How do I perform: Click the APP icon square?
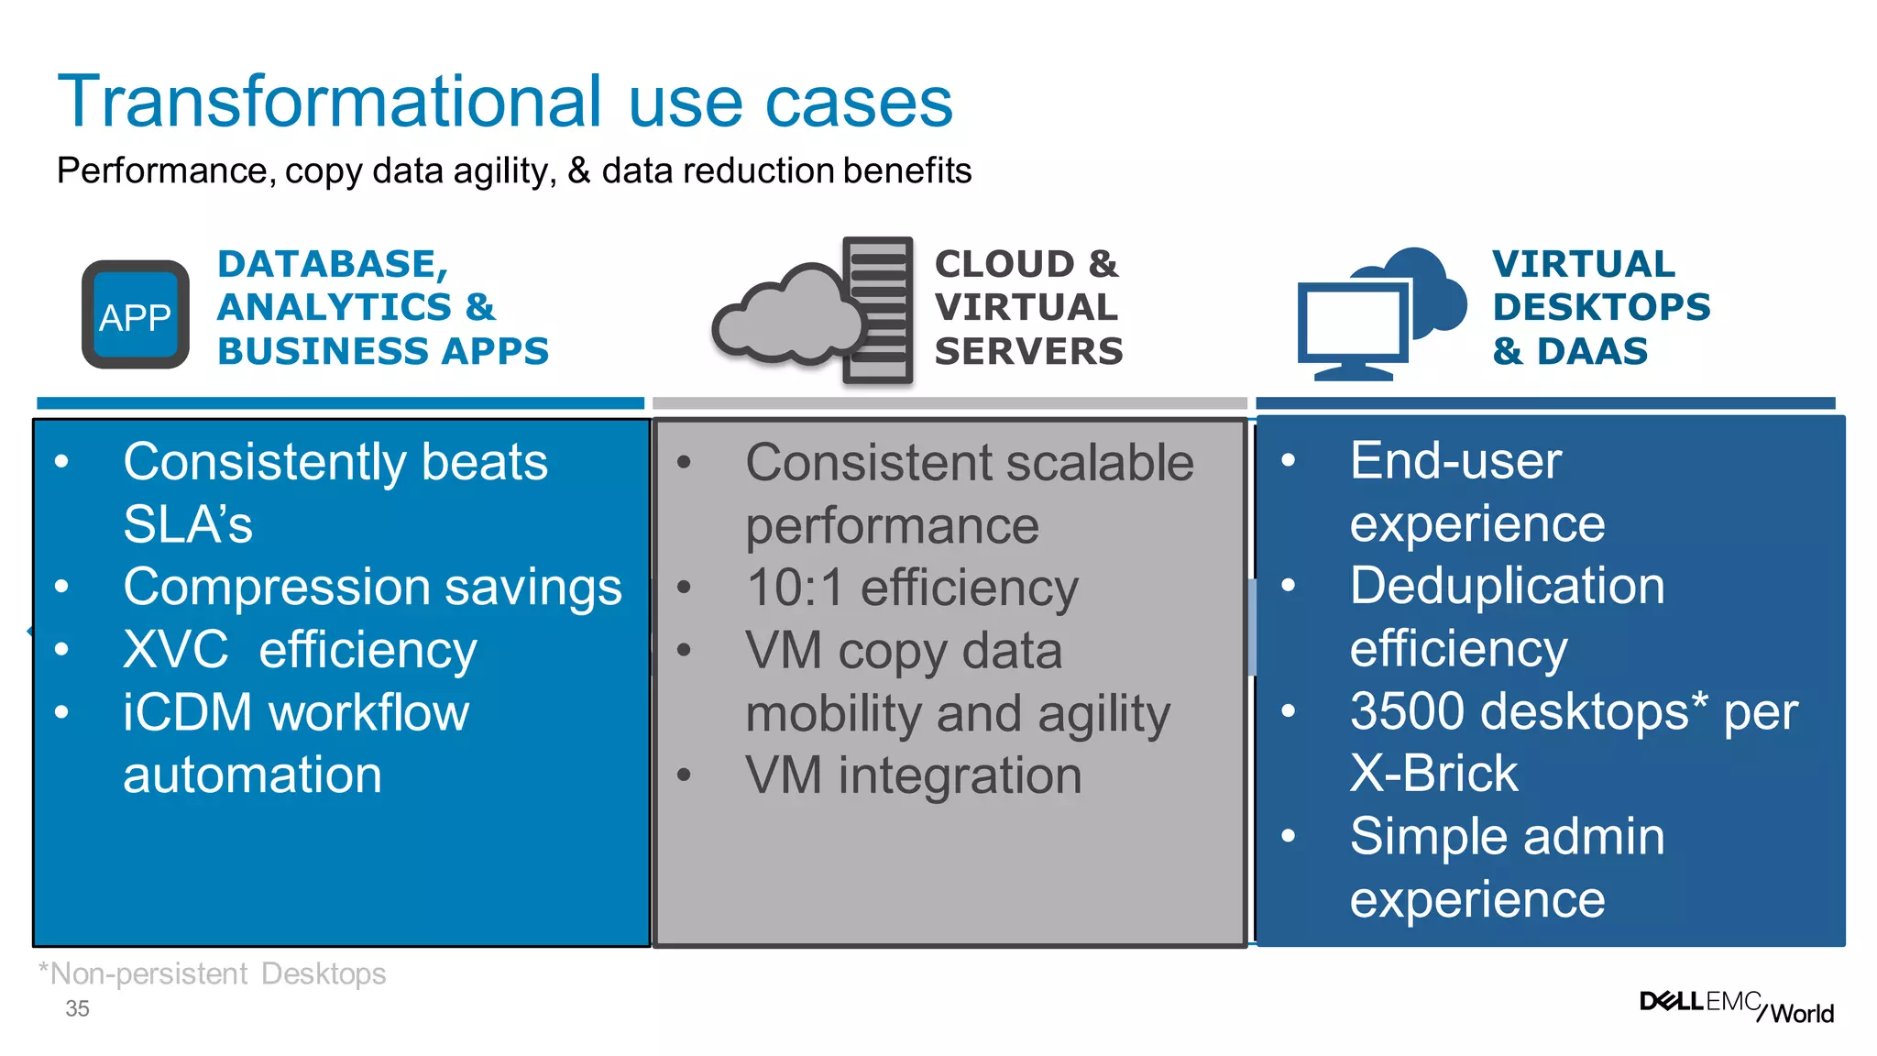[x=136, y=314]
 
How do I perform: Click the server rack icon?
[x=878, y=310]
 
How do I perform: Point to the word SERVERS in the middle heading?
[x=1028, y=351]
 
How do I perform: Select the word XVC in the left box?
[x=175, y=650]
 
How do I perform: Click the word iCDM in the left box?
[x=187, y=713]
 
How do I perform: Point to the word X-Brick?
[x=1433, y=774]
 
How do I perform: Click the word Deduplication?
[x=1507, y=586]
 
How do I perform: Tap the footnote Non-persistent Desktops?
[x=213, y=973]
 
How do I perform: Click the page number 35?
[x=77, y=1009]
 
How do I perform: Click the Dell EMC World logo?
[x=1736, y=1006]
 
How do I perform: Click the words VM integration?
[x=913, y=775]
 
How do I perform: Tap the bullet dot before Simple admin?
[x=1288, y=835]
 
